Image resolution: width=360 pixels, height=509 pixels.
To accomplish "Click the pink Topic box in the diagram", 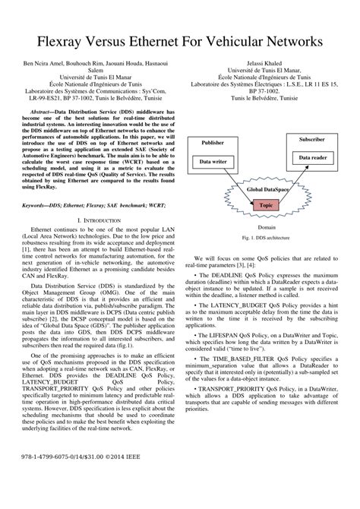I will pos(266,205).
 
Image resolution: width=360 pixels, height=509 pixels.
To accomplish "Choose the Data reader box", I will pos(314,156).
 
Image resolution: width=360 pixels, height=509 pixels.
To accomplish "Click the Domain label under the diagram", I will pos(267,226).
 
